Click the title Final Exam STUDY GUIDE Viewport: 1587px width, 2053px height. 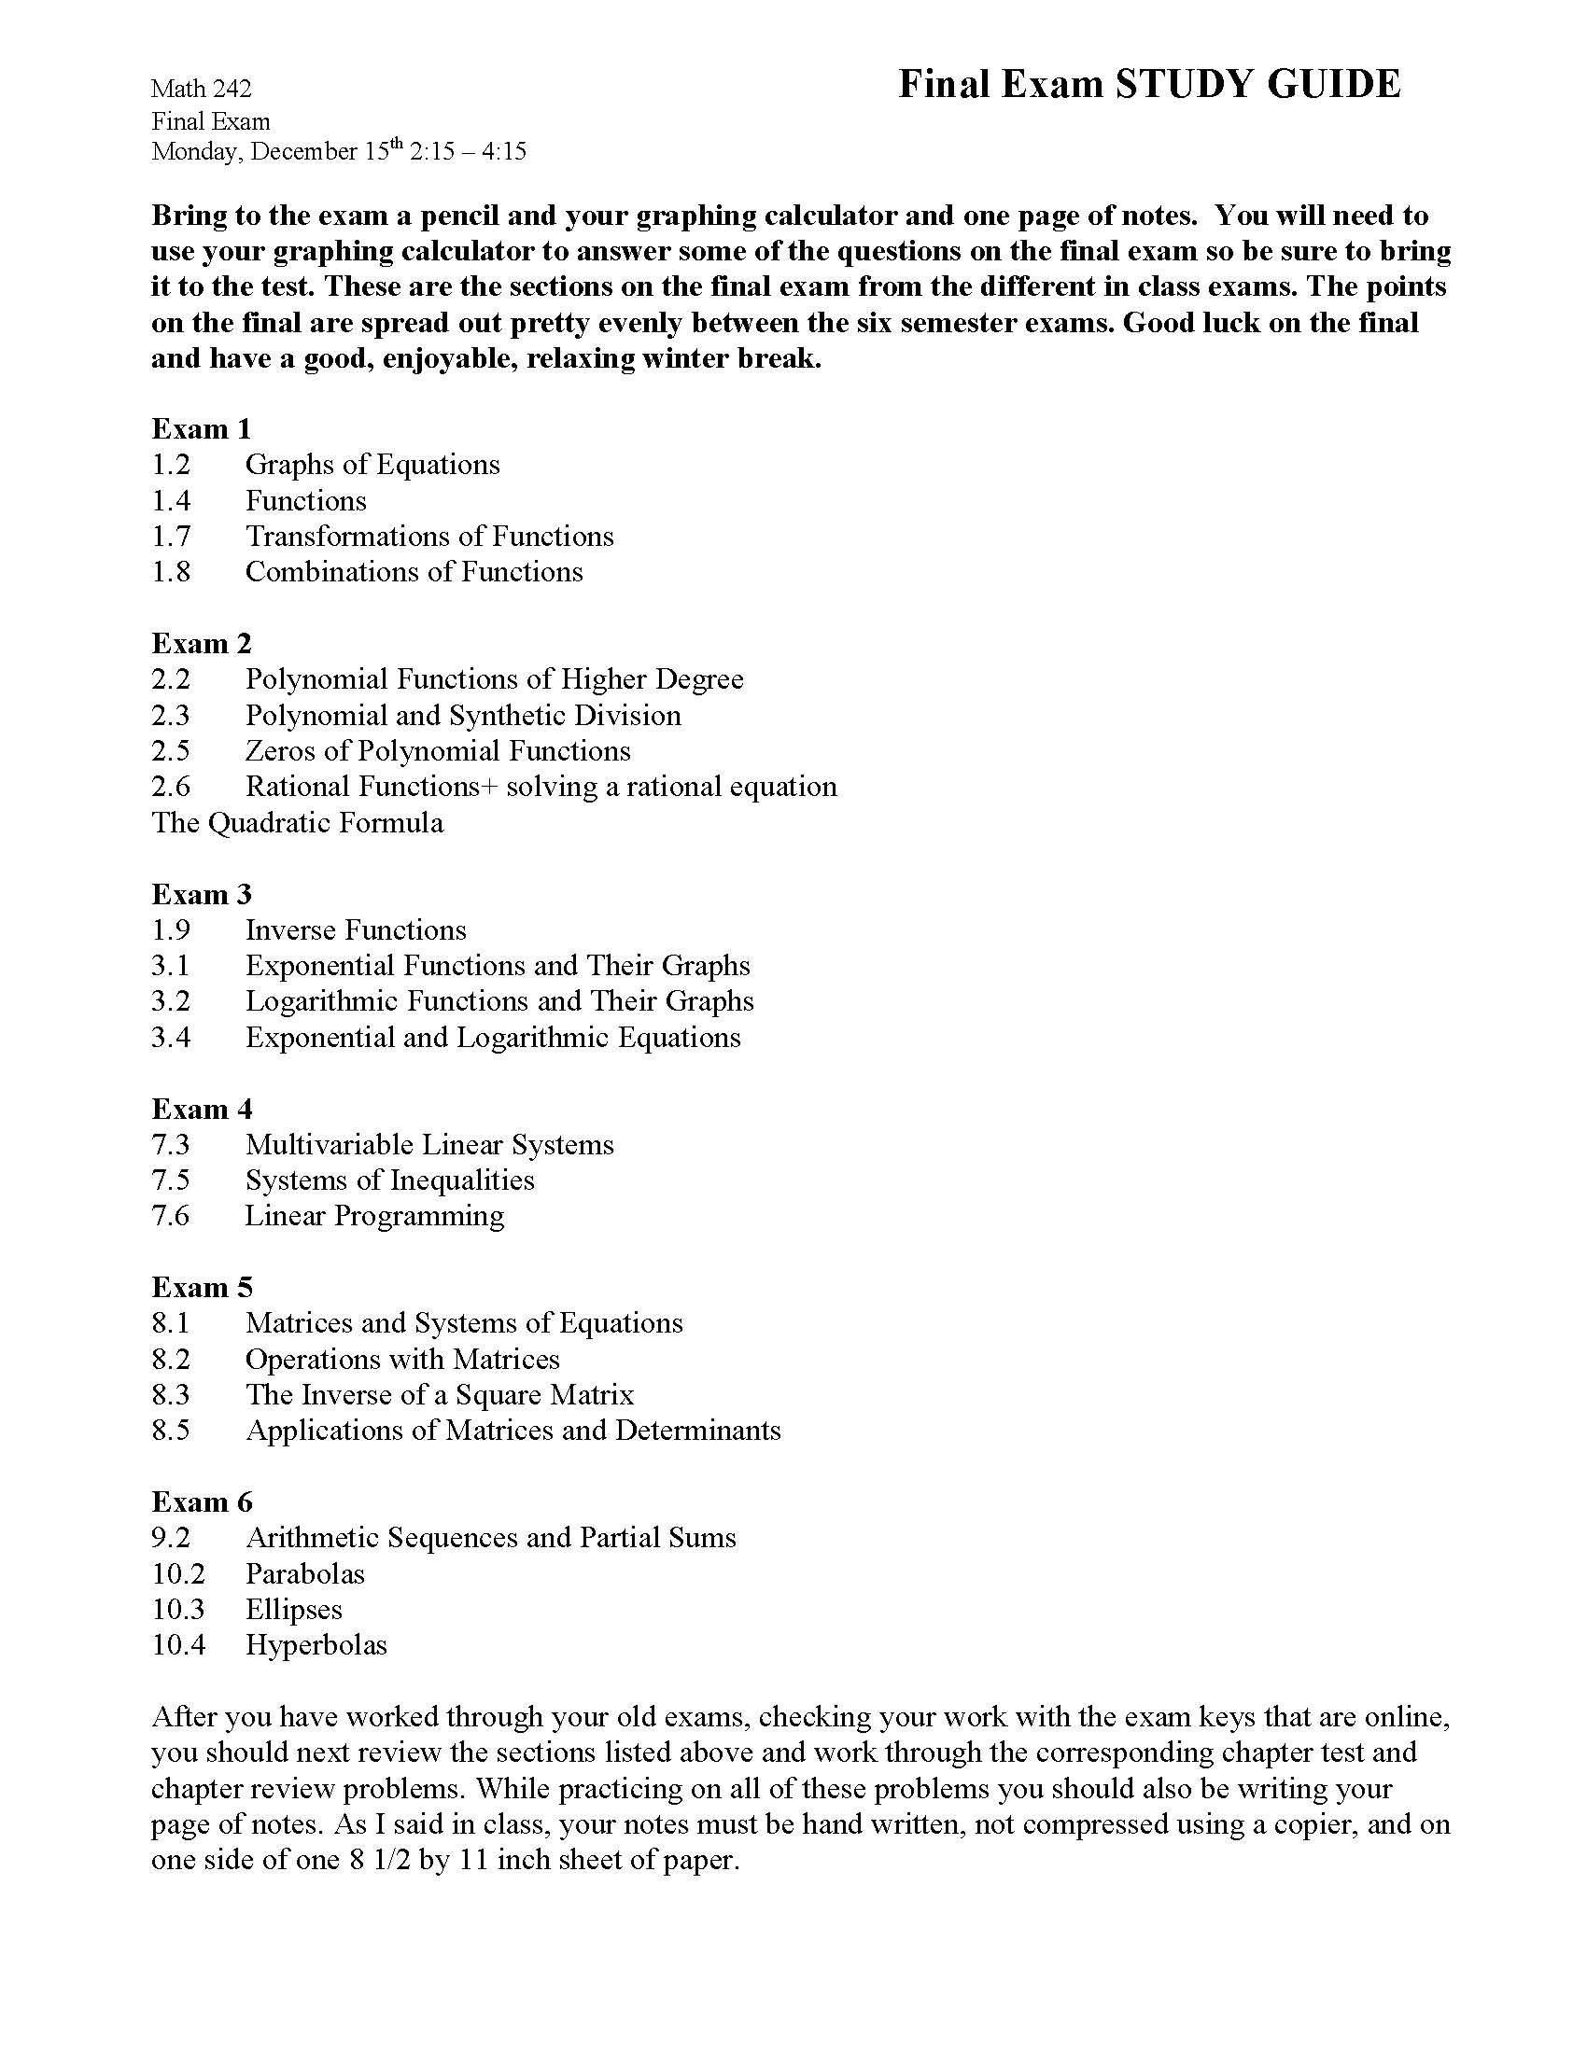[1149, 85]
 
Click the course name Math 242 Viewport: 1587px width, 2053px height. [202, 89]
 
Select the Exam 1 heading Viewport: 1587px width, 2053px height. [202, 428]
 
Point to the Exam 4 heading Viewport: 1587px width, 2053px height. [202, 1110]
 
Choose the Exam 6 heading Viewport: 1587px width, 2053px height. [202, 1502]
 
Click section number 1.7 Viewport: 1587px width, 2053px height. [171, 536]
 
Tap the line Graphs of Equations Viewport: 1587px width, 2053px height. [372, 465]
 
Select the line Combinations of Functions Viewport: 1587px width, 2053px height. [414, 571]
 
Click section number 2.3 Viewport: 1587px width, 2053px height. [171, 716]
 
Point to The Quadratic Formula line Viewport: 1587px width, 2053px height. [297, 822]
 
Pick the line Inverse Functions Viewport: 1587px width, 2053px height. [356, 929]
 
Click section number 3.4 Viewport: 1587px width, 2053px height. [171, 1038]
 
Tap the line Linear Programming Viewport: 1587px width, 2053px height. [374, 1215]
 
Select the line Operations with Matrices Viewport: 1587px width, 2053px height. [402, 1360]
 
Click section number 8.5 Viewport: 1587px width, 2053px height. [171, 1431]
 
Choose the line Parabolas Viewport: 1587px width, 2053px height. [304, 1573]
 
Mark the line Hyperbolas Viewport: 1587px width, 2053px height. [316, 1645]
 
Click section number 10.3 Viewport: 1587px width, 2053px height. [177, 1610]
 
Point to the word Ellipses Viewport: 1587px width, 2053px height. [293, 1610]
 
